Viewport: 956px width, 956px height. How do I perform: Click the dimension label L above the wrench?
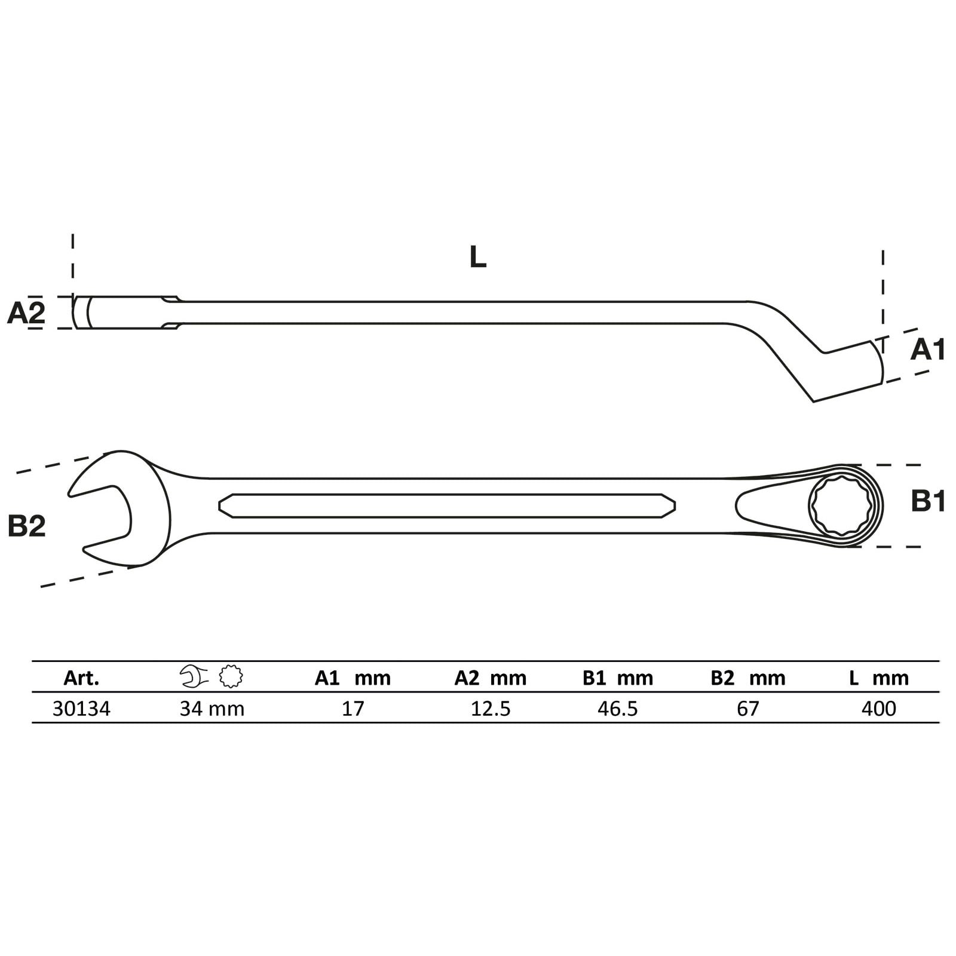point(478,257)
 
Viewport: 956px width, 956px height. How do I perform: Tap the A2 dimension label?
point(26,312)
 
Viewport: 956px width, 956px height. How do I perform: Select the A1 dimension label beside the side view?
point(928,350)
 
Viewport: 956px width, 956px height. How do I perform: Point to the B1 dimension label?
point(929,501)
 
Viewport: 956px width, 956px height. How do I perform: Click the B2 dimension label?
point(27,526)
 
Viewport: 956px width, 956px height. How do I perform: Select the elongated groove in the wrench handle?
point(447,506)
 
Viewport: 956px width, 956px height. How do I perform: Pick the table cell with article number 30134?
point(81,709)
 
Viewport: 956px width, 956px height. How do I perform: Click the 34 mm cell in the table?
point(212,709)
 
